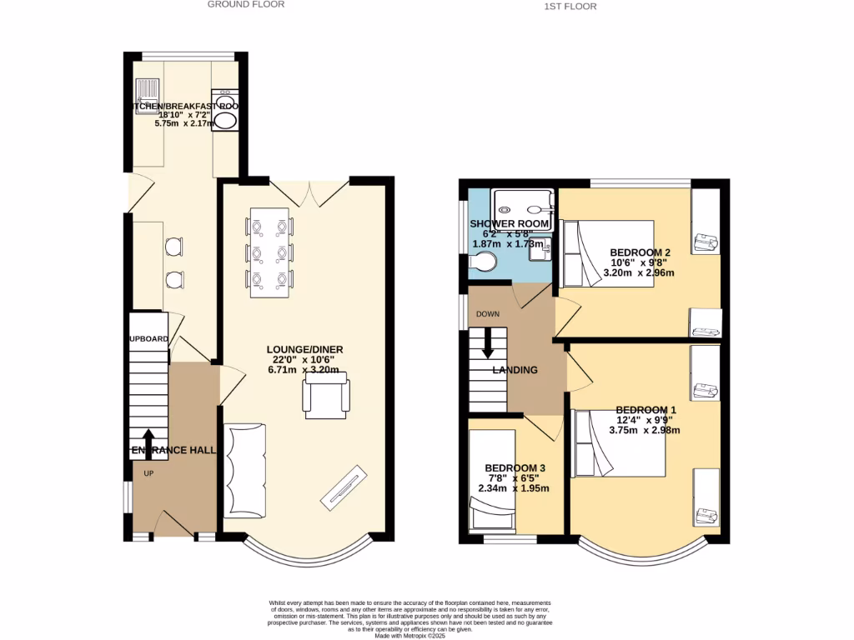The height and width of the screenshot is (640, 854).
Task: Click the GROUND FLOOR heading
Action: point(246,4)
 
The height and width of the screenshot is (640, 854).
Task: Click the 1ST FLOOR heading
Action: point(570,6)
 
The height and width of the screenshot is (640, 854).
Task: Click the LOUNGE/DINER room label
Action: point(304,349)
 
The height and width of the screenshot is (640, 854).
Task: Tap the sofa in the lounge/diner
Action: point(244,471)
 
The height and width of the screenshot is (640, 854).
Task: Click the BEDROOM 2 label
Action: point(640,252)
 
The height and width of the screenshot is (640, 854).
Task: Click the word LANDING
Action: point(515,370)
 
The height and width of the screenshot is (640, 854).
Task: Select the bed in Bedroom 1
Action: point(619,443)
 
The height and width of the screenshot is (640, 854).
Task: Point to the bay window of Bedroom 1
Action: point(642,550)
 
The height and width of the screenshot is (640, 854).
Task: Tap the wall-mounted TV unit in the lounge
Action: point(344,489)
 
